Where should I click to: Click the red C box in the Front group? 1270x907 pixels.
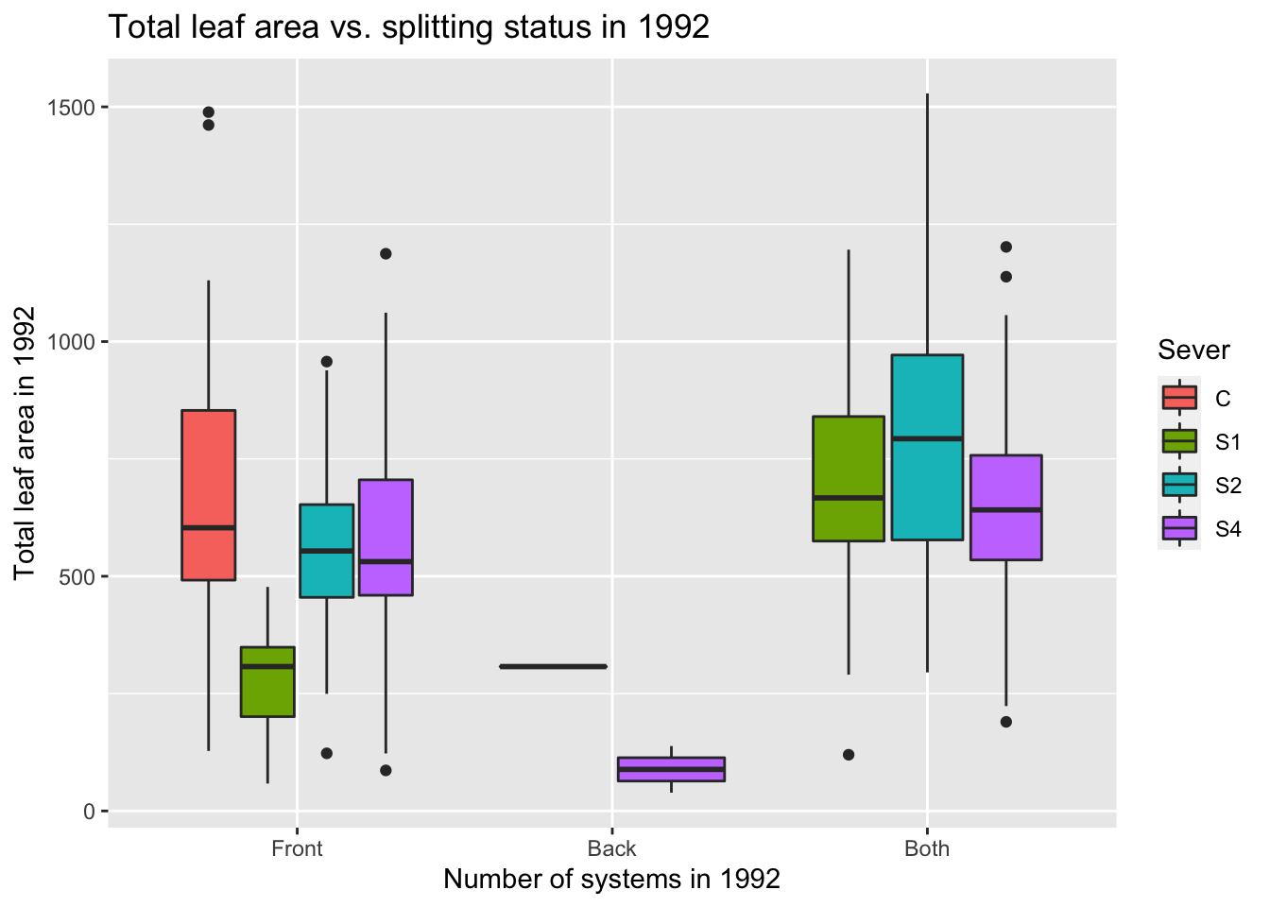pos(208,494)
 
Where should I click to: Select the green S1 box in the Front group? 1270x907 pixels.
pos(267,681)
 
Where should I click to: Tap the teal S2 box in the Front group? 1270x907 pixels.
pos(327,551)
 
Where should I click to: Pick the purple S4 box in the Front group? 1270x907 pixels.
pos(386,538)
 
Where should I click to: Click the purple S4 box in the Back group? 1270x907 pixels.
pos(671,769)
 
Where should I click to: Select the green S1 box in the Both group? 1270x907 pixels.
pos(849,478)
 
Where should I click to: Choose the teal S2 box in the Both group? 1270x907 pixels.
pos(927,447)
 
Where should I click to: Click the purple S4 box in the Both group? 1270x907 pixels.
pos(1005,507)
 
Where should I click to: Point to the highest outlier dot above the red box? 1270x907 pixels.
pos(209,112)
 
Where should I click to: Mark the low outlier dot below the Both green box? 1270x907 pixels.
pos(849,755)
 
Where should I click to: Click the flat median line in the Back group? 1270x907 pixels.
pos(553,667)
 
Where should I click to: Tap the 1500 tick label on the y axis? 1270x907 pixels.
pos(72,108)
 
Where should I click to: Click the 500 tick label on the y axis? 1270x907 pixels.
pos(77,576)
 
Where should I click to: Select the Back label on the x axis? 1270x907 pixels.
pos(611,848)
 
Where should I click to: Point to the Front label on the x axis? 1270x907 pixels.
pos(297,848)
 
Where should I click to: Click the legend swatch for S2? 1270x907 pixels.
pos(1179,485)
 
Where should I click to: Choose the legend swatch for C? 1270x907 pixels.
pos(1179,398)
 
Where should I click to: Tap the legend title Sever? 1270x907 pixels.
pos(1193,351)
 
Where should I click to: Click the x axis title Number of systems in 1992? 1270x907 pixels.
pos(611,880)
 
